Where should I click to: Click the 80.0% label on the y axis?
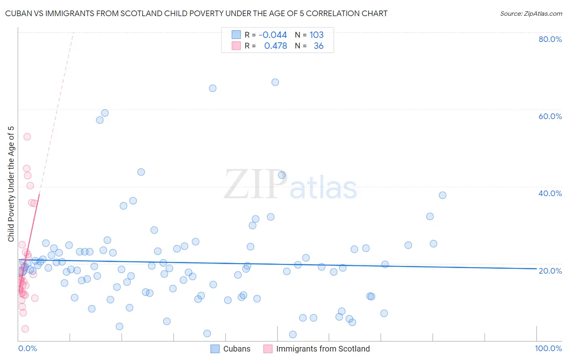[550, 39]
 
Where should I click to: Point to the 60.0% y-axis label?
[550, 116]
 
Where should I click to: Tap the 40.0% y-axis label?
[550, 193]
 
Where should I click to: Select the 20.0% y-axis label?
[550, 270]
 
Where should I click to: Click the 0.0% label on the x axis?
[27, 348]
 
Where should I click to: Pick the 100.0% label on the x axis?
[548, 348]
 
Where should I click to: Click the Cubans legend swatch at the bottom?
[215, 349]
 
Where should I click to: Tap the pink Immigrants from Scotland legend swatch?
[268, 349]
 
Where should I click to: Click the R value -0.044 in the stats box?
[273, 35]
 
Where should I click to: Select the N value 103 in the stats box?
[317, 35]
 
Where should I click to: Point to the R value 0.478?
[275, 46]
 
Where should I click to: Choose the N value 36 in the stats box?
[319, 46]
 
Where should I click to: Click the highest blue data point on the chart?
[275, 82]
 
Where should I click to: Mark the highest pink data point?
[27, 136]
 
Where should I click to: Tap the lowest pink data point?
[25, 329]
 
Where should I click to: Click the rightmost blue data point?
[442, 195]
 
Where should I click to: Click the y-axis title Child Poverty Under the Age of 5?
[11, 184]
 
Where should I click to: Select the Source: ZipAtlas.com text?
[531, 14]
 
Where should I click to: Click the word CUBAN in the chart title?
[17, 14]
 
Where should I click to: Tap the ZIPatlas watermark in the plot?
[290, 185]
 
